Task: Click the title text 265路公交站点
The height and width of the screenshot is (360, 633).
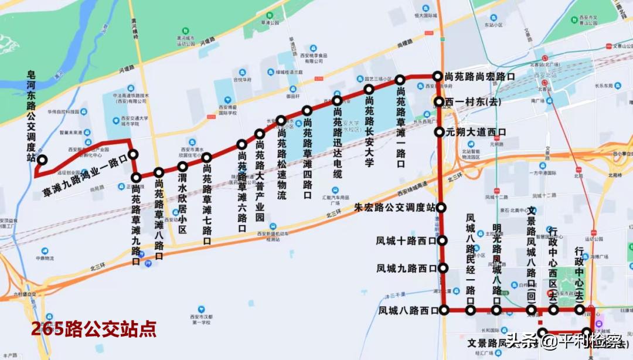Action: tap(94, 329)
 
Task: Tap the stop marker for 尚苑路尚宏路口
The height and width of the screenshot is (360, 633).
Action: tap(437, 76)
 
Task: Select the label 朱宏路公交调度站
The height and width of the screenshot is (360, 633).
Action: tap(395, 208)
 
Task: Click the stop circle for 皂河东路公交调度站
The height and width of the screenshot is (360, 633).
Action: tap(42, 159)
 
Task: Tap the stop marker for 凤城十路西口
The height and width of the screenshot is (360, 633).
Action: tap(443, 240)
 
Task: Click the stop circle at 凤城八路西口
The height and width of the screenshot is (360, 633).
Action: tap(444, 310)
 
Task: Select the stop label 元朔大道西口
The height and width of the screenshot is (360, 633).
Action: tap(475, 133)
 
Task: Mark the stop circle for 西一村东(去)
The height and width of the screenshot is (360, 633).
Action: tap(439, 102)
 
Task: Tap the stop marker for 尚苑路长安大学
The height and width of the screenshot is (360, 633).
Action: tap(369, 89)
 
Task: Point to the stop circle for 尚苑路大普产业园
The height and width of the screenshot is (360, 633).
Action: tap(260, 134)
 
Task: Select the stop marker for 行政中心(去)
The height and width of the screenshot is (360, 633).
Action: tap(580, 310)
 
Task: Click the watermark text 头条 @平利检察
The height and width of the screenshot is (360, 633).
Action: tap(563, 341)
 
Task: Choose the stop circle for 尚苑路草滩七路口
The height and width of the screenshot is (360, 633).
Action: tap(206, 157)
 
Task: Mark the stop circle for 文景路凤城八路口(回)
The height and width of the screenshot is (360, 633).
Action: tap(532, 310)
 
